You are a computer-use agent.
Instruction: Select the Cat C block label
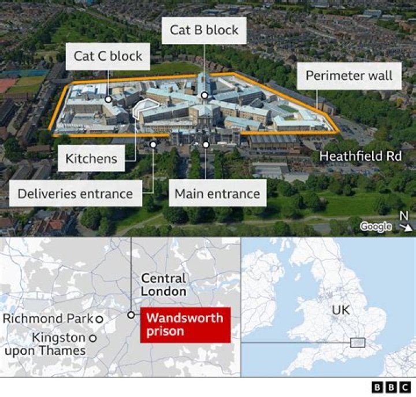[108, 57]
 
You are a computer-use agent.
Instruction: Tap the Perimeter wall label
[348, 75]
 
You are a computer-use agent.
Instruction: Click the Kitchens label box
[91, 158]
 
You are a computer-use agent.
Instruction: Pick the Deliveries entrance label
[75, 193]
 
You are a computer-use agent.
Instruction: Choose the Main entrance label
[217, 193]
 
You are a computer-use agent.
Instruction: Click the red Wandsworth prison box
[185, 325]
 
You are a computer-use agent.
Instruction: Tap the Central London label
[164, 285]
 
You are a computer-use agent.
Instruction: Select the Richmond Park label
[49, 319]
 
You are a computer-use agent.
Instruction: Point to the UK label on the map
[340, 310]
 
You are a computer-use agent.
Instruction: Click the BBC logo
[389, 387]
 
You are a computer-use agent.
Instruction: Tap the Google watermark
[376, 227]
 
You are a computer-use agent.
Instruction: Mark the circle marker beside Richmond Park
[99, 319]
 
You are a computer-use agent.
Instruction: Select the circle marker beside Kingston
[92, 338]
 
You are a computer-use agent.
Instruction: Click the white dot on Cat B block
[205, 95]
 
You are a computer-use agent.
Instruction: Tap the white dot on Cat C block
[109, 99]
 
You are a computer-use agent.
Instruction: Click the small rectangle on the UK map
[358, 343]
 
